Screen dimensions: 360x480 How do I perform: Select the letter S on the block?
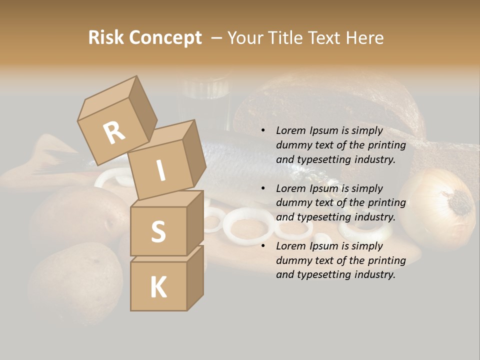click(158, 231)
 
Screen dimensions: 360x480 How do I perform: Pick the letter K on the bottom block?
click(158, 287)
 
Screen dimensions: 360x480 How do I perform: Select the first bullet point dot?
click(263, 131)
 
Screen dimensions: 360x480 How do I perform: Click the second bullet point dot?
click(263, 188)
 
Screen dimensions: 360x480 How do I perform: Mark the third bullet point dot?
click(263, 246)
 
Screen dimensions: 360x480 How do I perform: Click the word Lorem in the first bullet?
click(290, 130)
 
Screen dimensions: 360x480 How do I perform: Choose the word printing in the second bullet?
click(386, 202)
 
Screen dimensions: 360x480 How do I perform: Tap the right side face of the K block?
click(195, 277)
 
